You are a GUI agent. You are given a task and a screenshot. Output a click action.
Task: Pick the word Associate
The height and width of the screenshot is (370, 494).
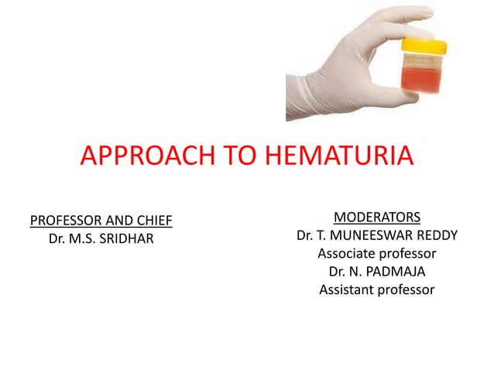349,253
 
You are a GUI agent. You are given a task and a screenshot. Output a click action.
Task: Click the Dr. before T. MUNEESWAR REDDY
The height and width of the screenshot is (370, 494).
306,235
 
